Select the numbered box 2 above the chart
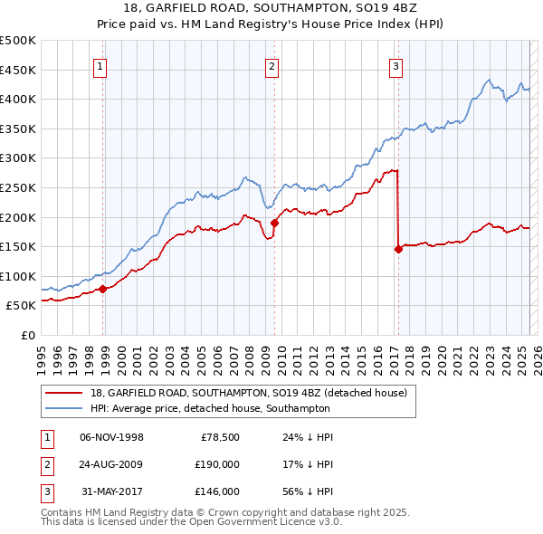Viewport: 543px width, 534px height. (x=271, y=64)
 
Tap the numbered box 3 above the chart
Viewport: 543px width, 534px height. (x=395, y=64)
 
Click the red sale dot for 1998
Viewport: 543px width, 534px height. (x=103, y=289)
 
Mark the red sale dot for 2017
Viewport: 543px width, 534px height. (x=398, y=249)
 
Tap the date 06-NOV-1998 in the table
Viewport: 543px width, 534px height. (x=111, y=437)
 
